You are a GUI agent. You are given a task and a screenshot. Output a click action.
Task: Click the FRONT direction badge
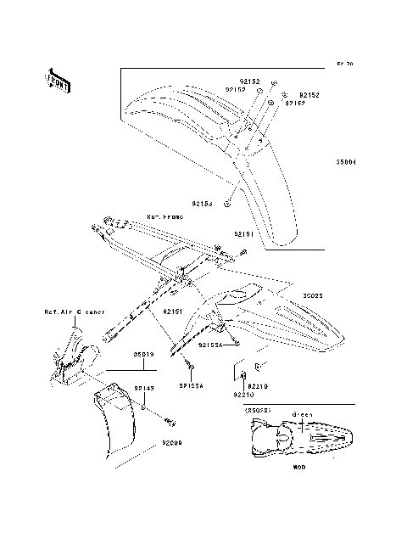tap(59, 79)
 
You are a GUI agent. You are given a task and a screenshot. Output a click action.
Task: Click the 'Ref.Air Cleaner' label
tap(75, 311)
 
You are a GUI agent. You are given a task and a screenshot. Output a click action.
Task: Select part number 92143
tap(143, 388)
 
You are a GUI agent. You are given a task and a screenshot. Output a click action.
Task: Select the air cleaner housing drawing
tap(72, 356)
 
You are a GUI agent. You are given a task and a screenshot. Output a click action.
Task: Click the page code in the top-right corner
tap(344, 65)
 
